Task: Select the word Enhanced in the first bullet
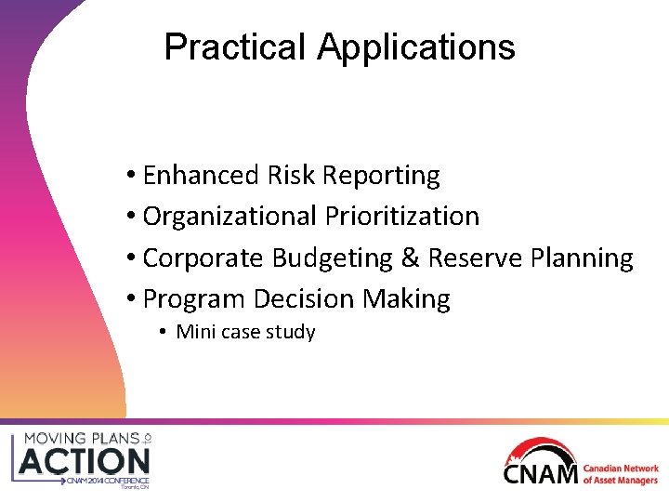201,175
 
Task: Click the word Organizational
230,216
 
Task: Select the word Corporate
203,258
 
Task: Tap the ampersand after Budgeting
411,258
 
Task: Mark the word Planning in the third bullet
582,258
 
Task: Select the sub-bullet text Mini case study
245,332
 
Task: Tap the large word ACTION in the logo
84,460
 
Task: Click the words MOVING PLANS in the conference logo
80,437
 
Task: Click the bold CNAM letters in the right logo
539,473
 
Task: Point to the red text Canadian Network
621,469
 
